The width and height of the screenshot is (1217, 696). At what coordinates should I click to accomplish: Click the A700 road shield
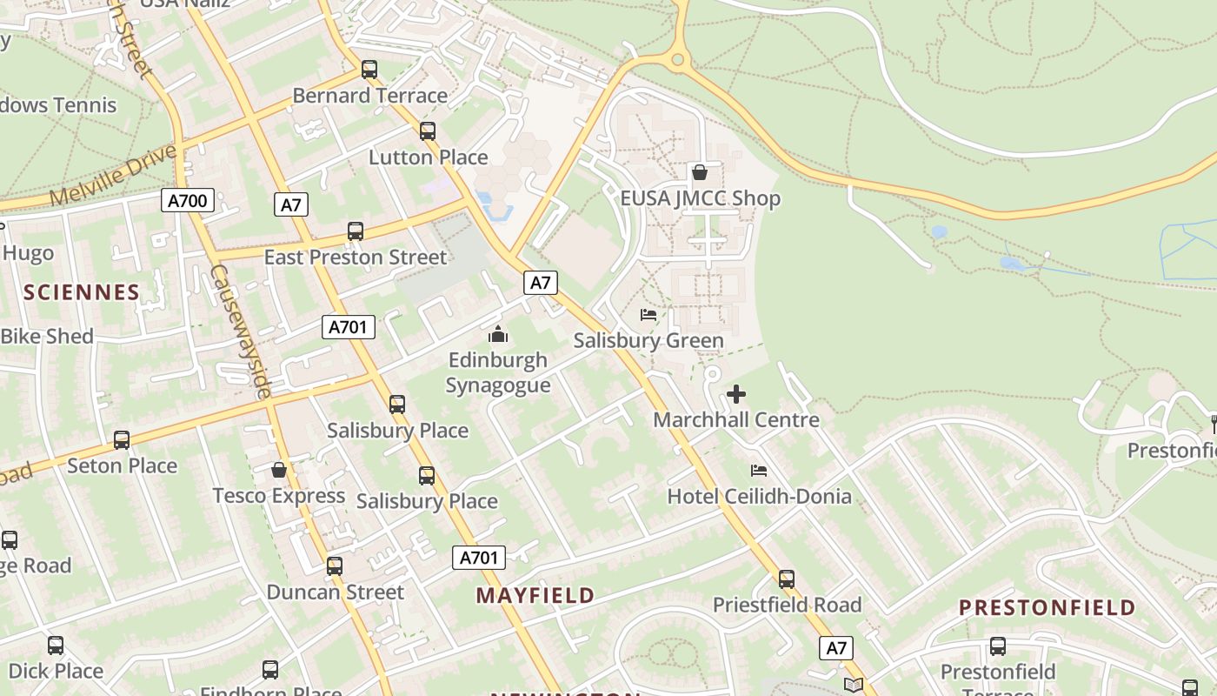pos(187,201)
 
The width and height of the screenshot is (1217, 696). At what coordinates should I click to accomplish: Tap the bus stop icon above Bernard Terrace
pos(369,70)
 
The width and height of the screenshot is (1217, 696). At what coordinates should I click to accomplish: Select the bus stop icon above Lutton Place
pos(428,131)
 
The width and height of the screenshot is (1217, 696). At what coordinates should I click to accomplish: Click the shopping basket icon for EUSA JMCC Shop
pos(700,172)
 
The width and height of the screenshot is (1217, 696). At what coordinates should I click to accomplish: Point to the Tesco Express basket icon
pos(279,470)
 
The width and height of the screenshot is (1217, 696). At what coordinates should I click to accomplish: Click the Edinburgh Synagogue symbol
pos(498,334)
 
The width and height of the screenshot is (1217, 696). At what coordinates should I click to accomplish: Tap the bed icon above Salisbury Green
pos(648,315)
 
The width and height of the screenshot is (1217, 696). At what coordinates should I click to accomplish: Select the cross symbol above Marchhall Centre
pos(736,394)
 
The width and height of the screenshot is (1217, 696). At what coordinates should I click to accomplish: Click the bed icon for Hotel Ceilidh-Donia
pos(759,471)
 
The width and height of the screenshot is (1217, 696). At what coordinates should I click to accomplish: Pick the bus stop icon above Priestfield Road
pos(787,579)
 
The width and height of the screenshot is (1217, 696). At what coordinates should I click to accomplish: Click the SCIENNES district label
pos(82,292)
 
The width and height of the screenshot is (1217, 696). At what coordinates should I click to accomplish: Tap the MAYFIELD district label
pos(535,596)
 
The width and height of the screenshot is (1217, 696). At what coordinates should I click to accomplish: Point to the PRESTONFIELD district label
pos(1047,607)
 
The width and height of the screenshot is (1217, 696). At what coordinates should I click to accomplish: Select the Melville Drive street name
pos(113,177)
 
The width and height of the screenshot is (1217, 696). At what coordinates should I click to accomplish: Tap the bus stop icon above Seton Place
pos(122,440)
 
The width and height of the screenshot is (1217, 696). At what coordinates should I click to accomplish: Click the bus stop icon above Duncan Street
pos(335,567)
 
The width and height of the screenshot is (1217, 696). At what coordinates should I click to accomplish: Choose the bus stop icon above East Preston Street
pos(356,231)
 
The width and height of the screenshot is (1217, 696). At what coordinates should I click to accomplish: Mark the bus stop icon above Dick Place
pos(56,646)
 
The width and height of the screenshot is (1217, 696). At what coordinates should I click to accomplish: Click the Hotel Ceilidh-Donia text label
pos(759,497)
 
